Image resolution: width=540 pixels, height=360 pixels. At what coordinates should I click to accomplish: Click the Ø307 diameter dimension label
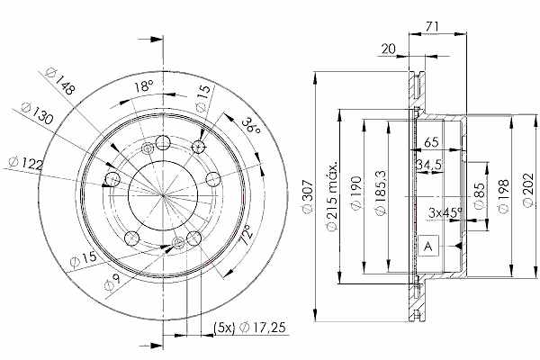308,196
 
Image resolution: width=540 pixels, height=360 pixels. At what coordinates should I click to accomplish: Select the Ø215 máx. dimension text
331,195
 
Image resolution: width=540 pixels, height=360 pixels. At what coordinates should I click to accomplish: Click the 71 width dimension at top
432,26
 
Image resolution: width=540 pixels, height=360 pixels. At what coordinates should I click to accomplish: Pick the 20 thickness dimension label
389,49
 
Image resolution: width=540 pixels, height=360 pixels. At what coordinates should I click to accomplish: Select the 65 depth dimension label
431,142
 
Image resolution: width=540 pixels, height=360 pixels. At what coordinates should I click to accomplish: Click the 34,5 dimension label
428,165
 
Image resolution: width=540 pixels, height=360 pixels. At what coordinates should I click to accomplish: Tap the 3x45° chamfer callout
445,212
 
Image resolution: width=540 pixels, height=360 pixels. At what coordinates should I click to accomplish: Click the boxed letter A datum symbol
428,246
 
